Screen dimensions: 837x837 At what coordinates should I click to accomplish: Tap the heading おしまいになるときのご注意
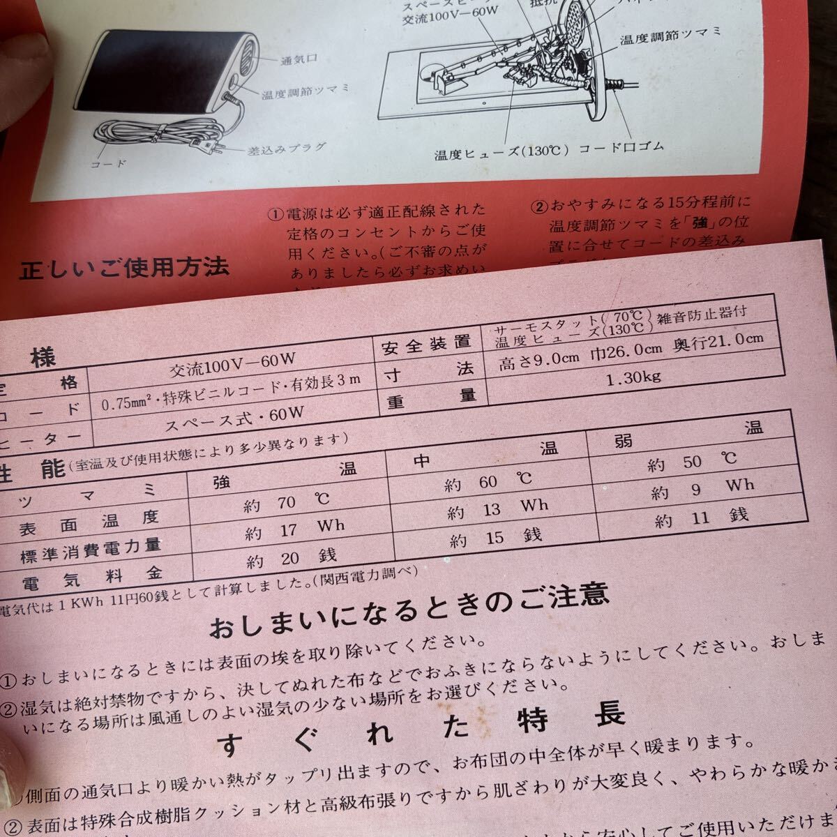point(409,604)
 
